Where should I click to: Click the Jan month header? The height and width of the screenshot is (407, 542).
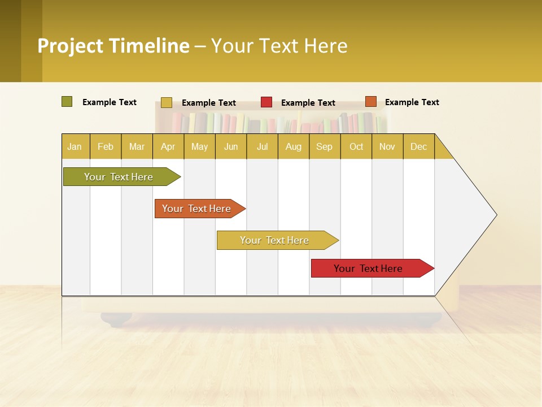[75, 146]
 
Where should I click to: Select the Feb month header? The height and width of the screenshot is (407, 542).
[106, 146]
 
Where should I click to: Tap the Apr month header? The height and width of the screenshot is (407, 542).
[168, 146]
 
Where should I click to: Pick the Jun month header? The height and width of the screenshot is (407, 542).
[231, 146]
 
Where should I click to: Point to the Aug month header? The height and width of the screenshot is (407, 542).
[293, 146]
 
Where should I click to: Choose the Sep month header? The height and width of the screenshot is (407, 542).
[324, 146]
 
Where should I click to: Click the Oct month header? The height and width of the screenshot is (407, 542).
[356, 146]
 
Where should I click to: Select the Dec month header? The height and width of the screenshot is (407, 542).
[418, 146]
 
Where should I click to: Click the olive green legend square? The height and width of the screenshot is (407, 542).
[67, 102]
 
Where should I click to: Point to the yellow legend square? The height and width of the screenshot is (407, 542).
[167, 102]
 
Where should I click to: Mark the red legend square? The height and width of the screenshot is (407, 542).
[266, 102]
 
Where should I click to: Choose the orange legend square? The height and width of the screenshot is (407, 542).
[370, 102]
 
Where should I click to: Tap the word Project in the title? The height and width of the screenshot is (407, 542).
[70, 46]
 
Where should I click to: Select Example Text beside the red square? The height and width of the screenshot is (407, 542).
[308, 103]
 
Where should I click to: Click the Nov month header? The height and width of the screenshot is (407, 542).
[387, 146]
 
